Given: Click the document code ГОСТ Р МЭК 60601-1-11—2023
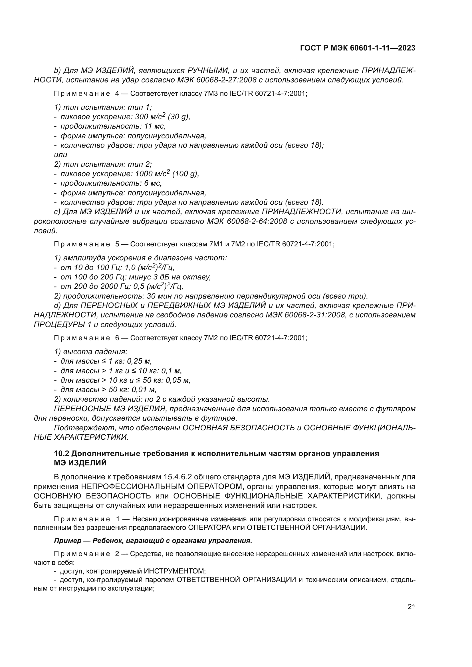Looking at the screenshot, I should click(358, 48).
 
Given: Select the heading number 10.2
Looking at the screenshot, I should click(61, 453).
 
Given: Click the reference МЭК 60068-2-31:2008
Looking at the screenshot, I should click(305, 315).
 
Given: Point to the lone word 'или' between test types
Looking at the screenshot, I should click(60, 155).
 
